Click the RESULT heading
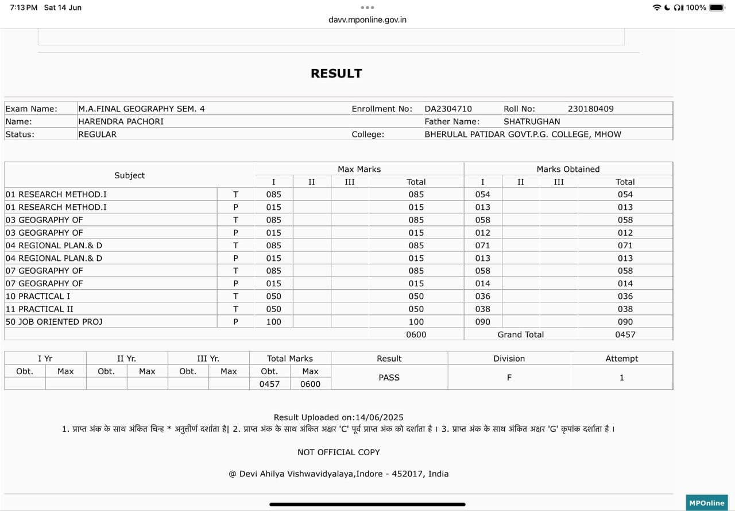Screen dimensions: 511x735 pyautogui.click(x=336, y=74)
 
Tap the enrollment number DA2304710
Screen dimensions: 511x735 pyautogui.click(x=448, y=109)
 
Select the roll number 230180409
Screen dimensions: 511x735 pyautogui.click(x=590, y=109)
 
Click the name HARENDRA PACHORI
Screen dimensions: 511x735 pyautogui.click(x=121, y=121)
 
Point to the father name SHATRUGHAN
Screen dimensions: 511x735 pyautogui.click(x=531, y=121)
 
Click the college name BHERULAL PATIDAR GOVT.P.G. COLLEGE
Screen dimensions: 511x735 pyautogui.click(x=523, y=135)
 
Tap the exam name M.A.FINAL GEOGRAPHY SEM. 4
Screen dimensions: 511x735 pyautogui.click(x=141, y=109)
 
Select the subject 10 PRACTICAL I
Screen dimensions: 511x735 pyautogui.click(x=38, y=297)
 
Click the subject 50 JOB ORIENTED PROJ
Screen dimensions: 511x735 pyautogui.click(x=54, y=322)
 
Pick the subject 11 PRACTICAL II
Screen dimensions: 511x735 pyautogui.click(x=40, y=309)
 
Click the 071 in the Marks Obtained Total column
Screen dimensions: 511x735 pyautogui.click(x=625, y=245)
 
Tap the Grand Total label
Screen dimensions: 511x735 pyautogui.click(x=520, y=335)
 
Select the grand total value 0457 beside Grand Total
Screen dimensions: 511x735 pyautogui.click(x=625, y=335)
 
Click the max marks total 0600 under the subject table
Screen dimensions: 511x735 pyautogui.click(x=416, y=335)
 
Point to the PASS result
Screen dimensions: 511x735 pyautogui.click(x=389, y=378)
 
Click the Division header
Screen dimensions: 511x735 pyautogui.click(x=509, y=359)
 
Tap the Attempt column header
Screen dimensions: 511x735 pyautogui.click(x=621, y=359)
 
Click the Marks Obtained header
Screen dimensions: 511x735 pyautogui.click(x=567, y=169)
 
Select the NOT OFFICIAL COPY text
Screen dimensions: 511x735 pyautogui.click(x=338, y=452)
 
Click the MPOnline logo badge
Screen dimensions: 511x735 pyautogui.click(x=706, y=503)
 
